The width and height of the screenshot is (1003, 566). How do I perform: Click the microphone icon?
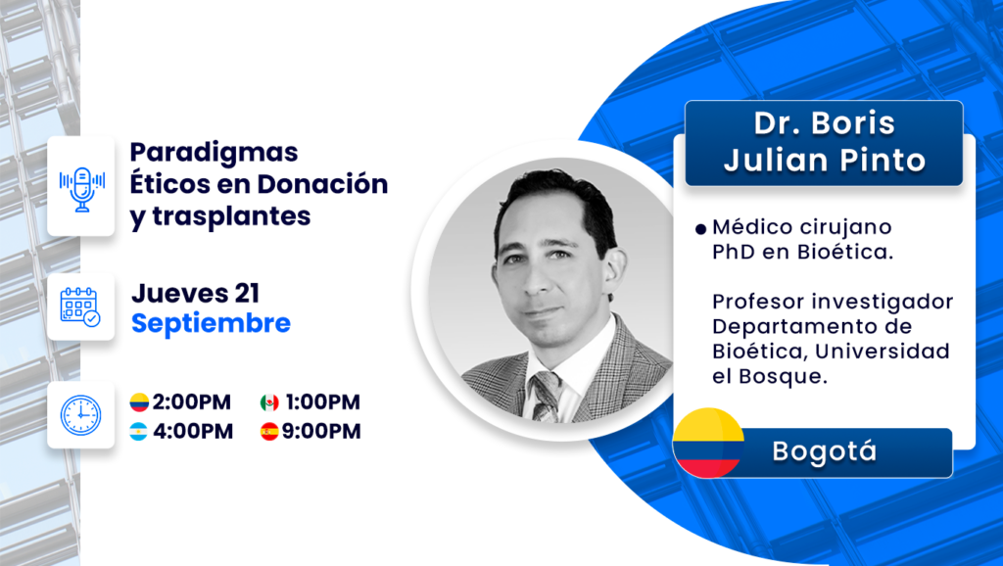click(81, 188)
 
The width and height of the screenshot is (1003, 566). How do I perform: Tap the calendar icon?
click(80, 307)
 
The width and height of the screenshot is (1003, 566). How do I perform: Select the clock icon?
click(80, 415)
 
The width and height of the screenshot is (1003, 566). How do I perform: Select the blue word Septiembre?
click(212, 323)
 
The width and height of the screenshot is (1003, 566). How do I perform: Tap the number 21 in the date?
click(247, 294)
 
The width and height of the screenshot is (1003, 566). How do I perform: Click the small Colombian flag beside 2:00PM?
click(139, 402)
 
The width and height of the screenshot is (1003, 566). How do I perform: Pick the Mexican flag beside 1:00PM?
click(269, 402)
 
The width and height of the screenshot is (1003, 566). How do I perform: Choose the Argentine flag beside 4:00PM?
click(138, 432)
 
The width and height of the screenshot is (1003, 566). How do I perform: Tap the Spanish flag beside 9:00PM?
click(269, 432)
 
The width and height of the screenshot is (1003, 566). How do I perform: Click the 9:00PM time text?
click(321, 432)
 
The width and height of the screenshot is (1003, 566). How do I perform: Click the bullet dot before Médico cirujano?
click(701, 228)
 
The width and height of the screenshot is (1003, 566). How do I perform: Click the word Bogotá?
click(825, 451)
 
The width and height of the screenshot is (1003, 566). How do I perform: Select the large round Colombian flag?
click(708, 443)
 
